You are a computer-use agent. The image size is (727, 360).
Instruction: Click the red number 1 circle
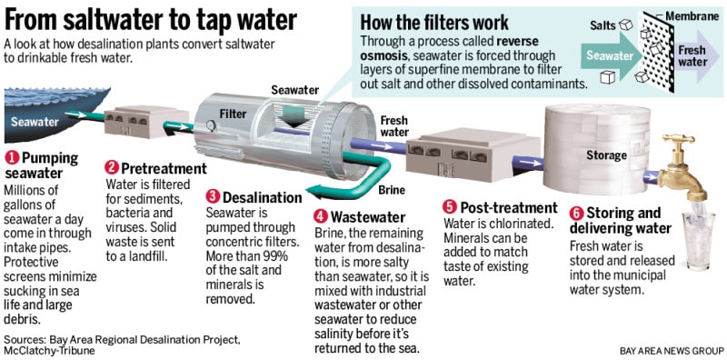click(12, 158)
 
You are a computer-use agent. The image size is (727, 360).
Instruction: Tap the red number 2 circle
click(112, 167)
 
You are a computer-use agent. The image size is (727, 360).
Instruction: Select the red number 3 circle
click(213, 197)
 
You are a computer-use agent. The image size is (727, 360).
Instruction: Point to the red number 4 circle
click(321, 216)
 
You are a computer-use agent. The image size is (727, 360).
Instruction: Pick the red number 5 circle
click(450, 207)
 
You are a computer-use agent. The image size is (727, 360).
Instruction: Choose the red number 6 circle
click(576, 214)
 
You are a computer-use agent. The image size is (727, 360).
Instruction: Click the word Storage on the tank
click(606, 155)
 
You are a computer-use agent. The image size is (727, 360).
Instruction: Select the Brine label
click(392, 190)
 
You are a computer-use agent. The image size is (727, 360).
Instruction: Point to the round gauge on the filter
click(211, 125)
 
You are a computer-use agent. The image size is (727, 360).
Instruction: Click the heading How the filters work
click(434, 22)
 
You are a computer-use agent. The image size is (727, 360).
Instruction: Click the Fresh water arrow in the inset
click(695, 55)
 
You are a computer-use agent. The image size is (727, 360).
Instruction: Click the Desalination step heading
click(263, 197)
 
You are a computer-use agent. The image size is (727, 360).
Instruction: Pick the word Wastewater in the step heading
click(368, 216)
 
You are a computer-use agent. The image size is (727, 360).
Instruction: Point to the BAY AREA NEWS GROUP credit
click(672, 349)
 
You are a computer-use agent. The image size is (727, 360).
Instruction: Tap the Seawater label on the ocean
click(35, 122)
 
